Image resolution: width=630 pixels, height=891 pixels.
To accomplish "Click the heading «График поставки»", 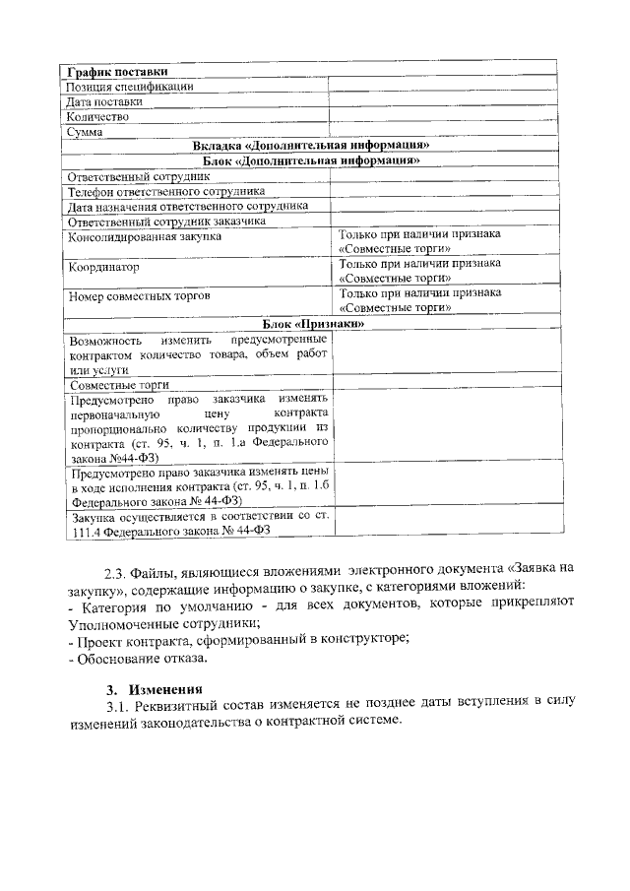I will tap(116, 71).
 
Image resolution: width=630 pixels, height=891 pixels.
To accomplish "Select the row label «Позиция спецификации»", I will tap(129, 86).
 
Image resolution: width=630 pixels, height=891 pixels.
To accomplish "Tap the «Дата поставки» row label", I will tap(104, 101).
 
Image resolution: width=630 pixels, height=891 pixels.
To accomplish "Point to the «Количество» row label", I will tap(97, 116).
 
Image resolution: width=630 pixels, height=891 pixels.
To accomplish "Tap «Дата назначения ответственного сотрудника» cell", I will tap(187, 206).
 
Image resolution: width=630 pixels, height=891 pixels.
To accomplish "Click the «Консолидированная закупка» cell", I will tap(145, 236).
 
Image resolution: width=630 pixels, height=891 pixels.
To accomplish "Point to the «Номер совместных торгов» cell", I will tap(139, 295).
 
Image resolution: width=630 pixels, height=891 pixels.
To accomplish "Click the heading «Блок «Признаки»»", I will tap(314, 324).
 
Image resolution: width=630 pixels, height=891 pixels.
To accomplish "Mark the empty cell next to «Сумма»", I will tap(442, 131).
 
